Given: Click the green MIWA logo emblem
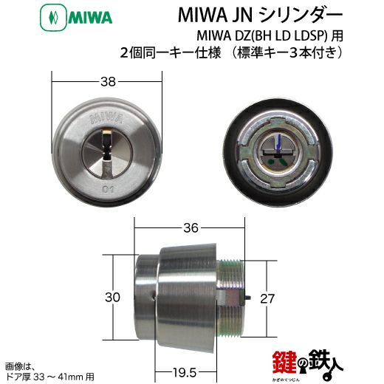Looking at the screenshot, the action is [53, 18].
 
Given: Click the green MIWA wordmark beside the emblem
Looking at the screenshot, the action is [90, 18].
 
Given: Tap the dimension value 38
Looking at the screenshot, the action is [108, 81].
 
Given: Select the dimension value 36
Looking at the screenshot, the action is [191, 227].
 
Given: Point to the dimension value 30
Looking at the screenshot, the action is [112, 297].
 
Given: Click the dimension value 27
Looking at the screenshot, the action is [267, 298].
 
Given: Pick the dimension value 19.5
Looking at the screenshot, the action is [185, 372].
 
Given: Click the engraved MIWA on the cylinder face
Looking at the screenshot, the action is [106, 118].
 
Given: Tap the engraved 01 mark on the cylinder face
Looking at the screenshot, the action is [108, 190].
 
